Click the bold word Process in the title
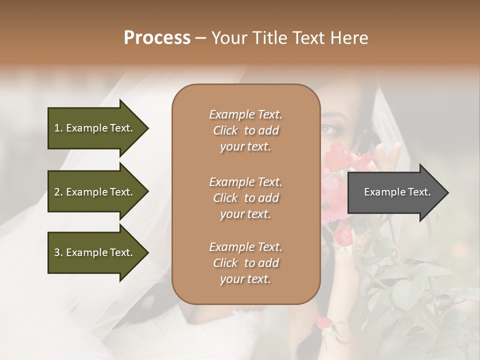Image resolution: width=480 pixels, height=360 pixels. (157, 38)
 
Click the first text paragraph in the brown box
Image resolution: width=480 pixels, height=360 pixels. (245, 130)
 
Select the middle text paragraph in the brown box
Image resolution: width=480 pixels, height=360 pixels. (245, 198)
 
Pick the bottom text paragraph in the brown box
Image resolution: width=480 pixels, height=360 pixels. (245, 263)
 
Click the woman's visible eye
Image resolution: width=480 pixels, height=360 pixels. (330, 129)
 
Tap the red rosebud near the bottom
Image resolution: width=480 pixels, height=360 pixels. (323, 322)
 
